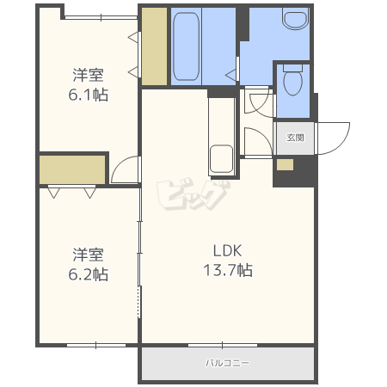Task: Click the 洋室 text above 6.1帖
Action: (88, 75)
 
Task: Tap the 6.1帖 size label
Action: (89, 95)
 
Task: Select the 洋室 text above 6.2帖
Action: (88, 255)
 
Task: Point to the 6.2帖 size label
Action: (89, 274)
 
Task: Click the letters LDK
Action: (228, 250)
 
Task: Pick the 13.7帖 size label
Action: (228, 270)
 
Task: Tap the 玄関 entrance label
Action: (295, 138)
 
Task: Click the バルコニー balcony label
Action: (228, 363)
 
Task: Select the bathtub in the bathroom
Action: (187, 46)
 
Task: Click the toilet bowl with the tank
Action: (292, 80)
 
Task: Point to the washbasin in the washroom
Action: (295, 18)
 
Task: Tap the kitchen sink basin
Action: (221, 159)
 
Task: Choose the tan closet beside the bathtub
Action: (155, 46)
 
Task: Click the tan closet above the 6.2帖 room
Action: (72, 169)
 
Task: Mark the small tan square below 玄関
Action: (285, 164)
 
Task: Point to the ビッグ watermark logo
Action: (193, 195)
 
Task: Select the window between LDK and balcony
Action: (223, 345)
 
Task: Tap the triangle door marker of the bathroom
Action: (231, 75)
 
